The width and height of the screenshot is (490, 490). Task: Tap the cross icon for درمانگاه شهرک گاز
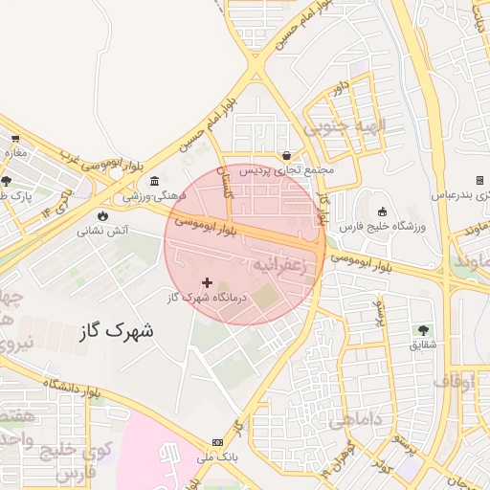coord(207,282)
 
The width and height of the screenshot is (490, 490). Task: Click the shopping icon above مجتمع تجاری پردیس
coord(286,155)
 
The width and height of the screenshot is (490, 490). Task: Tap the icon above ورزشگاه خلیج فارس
coord(383,212)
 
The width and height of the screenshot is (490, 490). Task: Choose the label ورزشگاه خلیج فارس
coord(383,226)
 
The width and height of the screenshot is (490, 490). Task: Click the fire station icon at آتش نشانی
coord(103,215)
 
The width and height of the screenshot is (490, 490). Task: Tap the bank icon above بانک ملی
coord(217,442)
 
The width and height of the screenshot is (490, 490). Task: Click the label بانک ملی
coord(216,457)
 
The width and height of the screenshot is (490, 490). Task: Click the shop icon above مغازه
coord(14,140)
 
